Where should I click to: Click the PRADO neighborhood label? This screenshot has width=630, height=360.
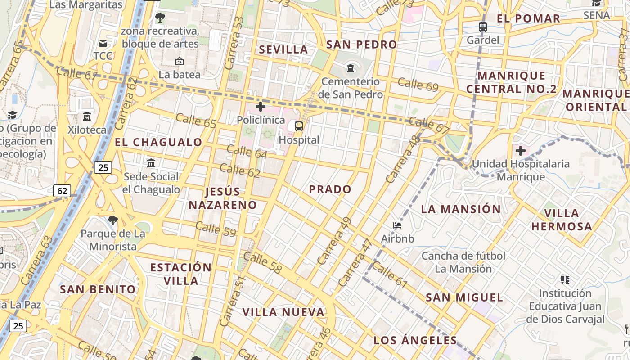[x=330, y=189]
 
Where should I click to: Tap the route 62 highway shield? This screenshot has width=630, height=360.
[x=62, y=191]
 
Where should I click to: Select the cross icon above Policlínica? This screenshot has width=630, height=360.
[x=261, y=107]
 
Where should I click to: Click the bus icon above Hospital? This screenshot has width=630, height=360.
[x=299, y=126]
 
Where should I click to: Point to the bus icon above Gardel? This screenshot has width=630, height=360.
[x=483, y=27]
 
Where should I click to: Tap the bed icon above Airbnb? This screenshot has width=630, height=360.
[x=397, y=225]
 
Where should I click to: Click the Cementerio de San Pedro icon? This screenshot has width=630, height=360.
[x=350, y=68]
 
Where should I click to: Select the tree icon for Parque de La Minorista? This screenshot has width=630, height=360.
[x=112, y=220]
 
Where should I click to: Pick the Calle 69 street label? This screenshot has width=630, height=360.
[x=418, y=84]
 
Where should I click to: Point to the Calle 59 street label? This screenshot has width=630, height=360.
[x=216, y=229]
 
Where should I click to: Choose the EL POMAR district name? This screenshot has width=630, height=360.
[x=528, y=18]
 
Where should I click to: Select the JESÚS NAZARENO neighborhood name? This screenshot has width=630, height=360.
[x=223, y=198]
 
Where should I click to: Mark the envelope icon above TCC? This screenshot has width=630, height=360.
[x=103, y=43]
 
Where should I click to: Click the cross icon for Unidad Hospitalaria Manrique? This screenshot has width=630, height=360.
[x=521, y=151]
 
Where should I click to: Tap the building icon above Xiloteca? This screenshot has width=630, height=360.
[x=87, y=117]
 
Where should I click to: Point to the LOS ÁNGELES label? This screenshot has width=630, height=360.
[x=415, y=340]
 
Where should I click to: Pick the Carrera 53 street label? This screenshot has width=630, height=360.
[x=234, y=43]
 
